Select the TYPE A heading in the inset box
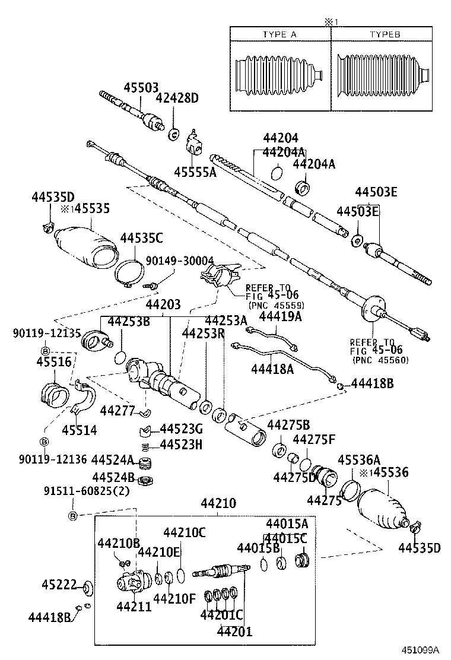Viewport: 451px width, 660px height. pyautogui.click(x=280, y=34)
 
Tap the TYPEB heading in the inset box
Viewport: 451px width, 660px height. pyautogui.click(x=385, y=34)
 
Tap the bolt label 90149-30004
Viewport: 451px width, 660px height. pyautogui.click(x=171, y=261)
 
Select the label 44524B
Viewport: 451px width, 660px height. pyautogui.click(x=112, y=477)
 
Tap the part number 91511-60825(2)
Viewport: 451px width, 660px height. pyautogui.click(x=87, y=490)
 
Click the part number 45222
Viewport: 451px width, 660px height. pyautogui.click(x=59, y=584)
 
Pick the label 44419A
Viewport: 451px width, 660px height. pyautogui.click(x=280, y=317)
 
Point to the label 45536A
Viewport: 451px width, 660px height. pyautogui.click(x=359, y=459)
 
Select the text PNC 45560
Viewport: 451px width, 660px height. pyautogui.click(x=380, y=360)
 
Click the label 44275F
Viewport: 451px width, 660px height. pyautogui.click(x=314, y=440)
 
